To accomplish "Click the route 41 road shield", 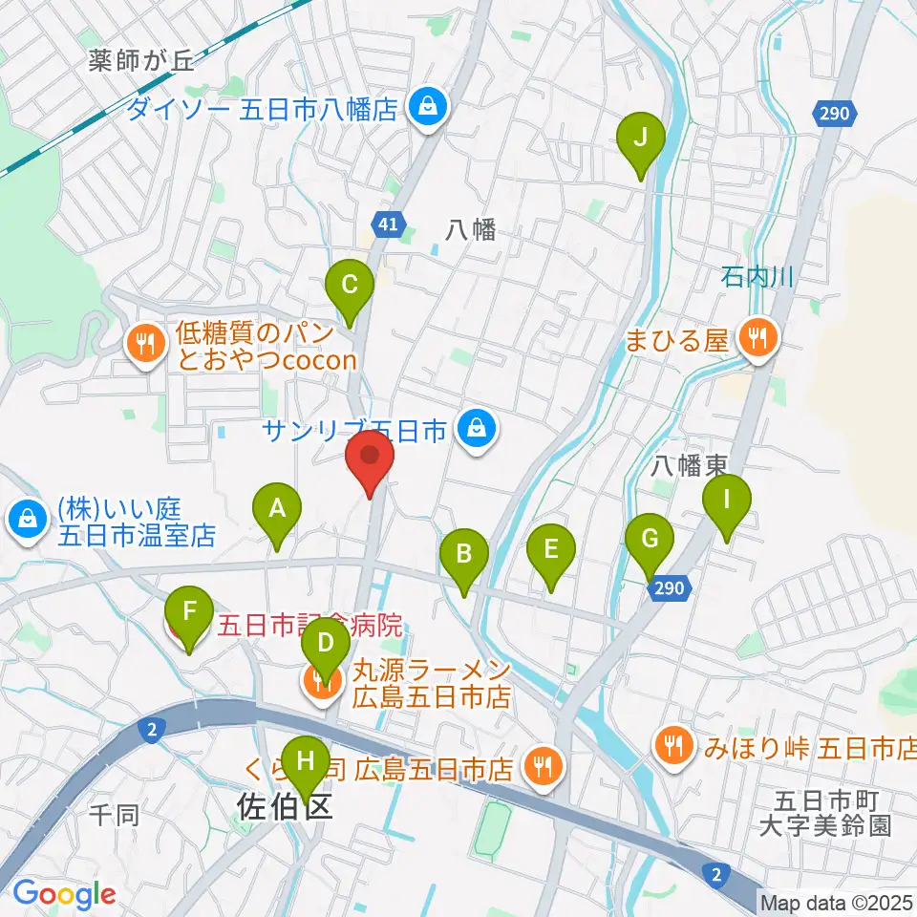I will click(x=387, y=224).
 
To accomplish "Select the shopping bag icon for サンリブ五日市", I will click(x=475, y=429).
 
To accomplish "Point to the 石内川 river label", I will click(x=758, y=277).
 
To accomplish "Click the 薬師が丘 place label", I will click(x=140, y=61).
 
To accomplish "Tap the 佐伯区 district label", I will click(x=285, y=808).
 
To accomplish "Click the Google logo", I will click(x=64, y=894).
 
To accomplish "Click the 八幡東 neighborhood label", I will click(x=689, y=464).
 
